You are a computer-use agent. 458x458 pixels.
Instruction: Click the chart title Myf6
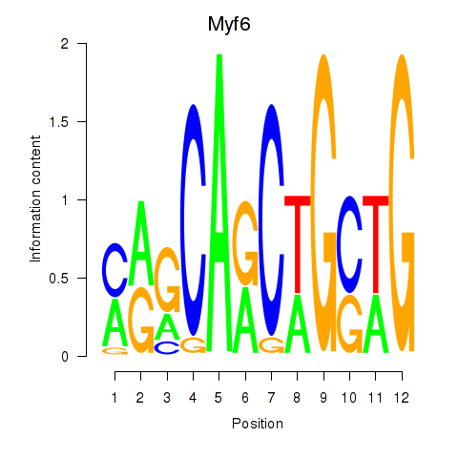coord(229,24)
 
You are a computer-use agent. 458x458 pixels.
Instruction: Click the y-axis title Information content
coord(35,199)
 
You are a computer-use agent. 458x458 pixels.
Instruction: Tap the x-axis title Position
coord(258,424)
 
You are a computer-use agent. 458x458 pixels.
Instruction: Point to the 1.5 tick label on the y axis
coord(59,122)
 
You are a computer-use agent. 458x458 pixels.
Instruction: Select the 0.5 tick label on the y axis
coord(59,279)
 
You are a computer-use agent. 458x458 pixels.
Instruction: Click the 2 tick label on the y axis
coord(65,44)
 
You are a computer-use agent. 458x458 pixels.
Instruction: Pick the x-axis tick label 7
coord(271,398)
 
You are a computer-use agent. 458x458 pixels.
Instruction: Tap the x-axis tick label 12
coord(402,398)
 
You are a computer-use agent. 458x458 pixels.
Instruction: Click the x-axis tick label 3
coord(167,398)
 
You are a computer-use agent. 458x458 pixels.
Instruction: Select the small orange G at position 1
coord(114,351)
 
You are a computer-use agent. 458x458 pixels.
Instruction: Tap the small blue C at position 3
coord(167,347)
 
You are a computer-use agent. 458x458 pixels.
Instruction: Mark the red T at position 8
coord(298,245)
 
